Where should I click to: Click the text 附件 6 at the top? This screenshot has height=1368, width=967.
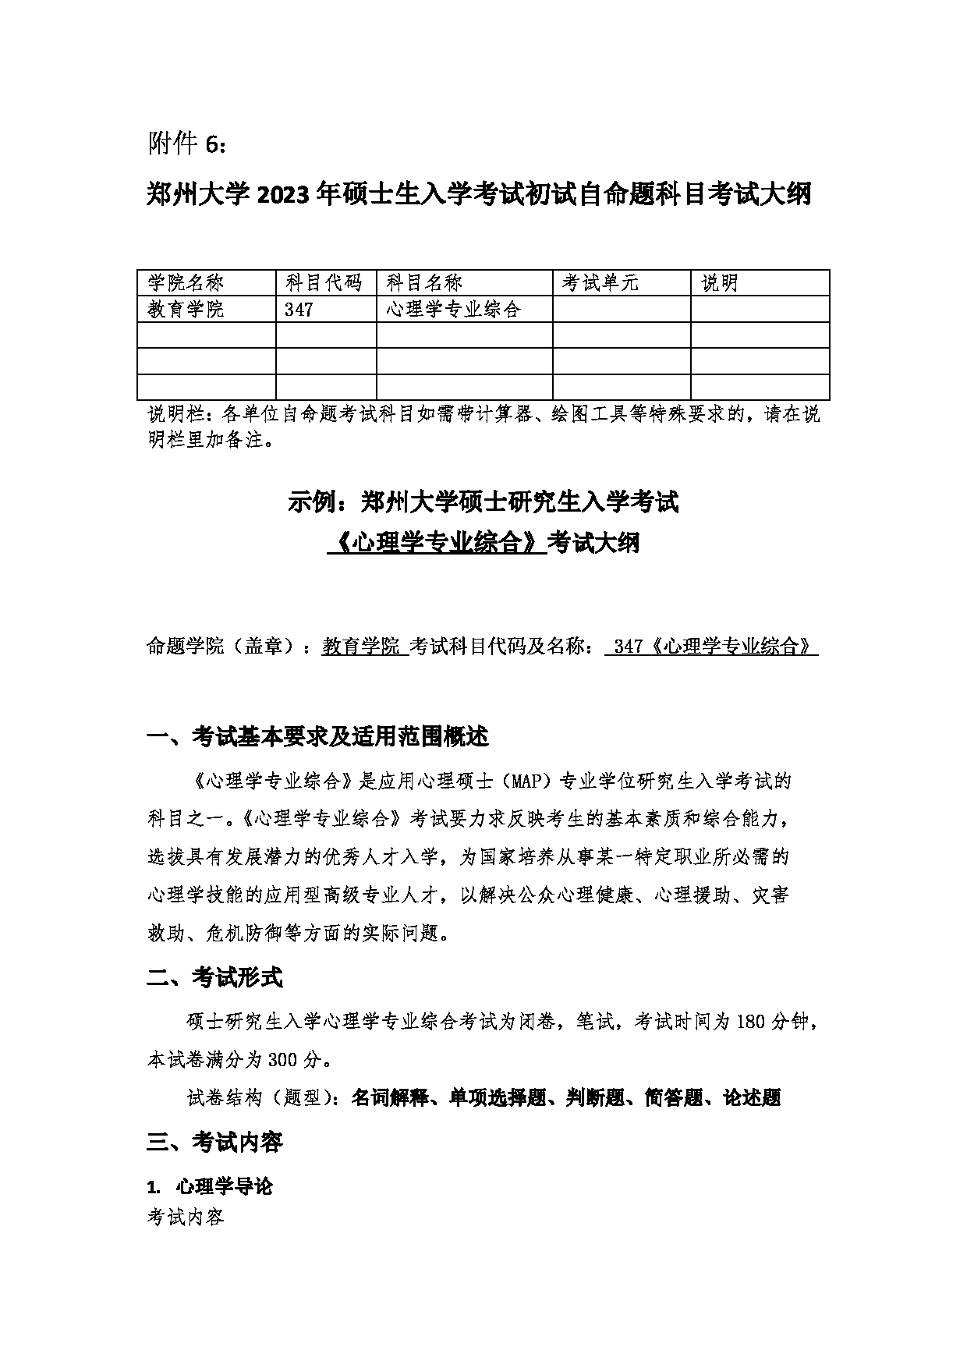pos(187,144)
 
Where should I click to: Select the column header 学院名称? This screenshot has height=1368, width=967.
pos(186,283)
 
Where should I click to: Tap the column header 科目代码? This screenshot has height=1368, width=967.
pos(324,283)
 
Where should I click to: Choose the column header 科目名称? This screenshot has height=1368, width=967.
pos(425,283)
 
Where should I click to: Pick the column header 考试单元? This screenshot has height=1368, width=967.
pos(600,283)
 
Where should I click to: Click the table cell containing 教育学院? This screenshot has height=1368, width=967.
pos(186,310)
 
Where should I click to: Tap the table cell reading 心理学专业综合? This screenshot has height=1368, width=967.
pos(453,310)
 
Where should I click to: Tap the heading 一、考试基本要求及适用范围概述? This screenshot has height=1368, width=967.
pos(317,736)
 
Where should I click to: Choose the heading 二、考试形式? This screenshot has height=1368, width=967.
pos(214,977)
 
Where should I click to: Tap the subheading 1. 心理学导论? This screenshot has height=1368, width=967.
pos(210,1187)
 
